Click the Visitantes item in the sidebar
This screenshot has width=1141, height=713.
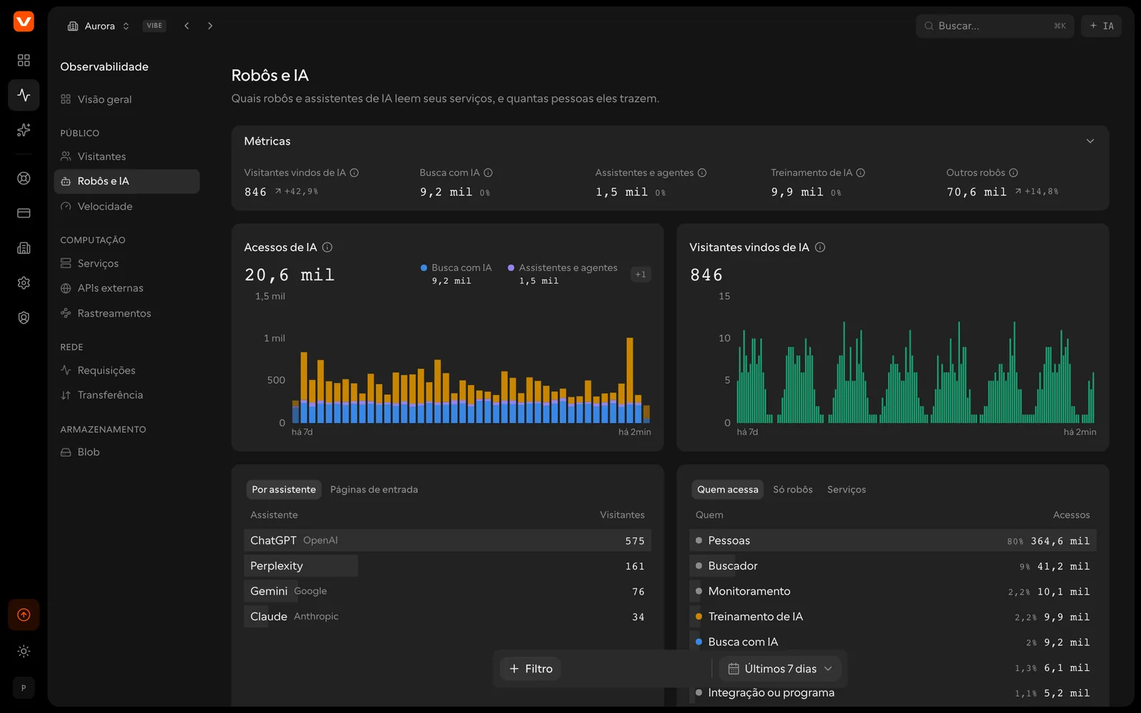pos(101,156)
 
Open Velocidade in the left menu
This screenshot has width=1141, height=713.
pos(104,206)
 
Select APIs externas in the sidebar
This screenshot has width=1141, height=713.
pos(110,288)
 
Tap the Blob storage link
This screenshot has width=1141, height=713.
pos(88,452)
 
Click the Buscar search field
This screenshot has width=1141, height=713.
pos(994,26)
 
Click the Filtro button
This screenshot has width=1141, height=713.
pos(531,669)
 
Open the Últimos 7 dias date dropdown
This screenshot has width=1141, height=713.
pos(780,669)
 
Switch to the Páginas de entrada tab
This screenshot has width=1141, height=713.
pos(374,489)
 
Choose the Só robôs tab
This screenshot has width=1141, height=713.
pos(792,489)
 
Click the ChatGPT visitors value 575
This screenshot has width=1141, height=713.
pos(635,541)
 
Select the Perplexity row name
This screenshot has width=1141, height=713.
pos(277,566)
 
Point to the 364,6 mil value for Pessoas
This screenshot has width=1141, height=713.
pos(1060,541)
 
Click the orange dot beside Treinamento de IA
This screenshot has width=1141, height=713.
pos(699,616)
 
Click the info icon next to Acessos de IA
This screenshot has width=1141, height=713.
pos(327,247)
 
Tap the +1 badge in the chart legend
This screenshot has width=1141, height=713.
pos(640,275)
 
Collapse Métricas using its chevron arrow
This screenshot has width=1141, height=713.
pos(1090,141)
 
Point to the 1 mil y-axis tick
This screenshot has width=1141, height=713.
pos(274,338)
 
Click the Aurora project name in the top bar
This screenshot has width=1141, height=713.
pos(100,26)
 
